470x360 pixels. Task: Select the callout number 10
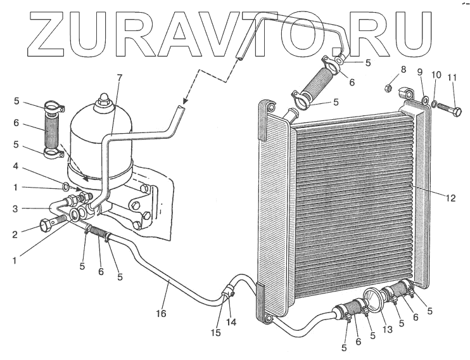(436, 75)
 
